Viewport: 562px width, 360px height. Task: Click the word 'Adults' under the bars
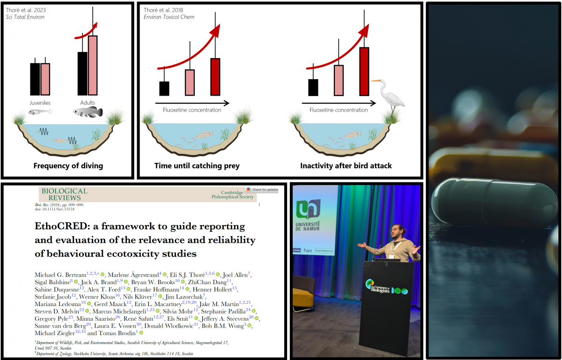click(87, 102)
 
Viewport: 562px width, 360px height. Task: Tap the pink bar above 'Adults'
click(93, 65)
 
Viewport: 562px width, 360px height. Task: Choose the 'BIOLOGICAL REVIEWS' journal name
click(65, 194)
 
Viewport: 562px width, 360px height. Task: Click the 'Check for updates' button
click(262, 190)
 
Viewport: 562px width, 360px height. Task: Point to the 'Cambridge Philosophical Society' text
click(238, 195)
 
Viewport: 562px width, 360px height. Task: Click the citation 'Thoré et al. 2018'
click(163, 10)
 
